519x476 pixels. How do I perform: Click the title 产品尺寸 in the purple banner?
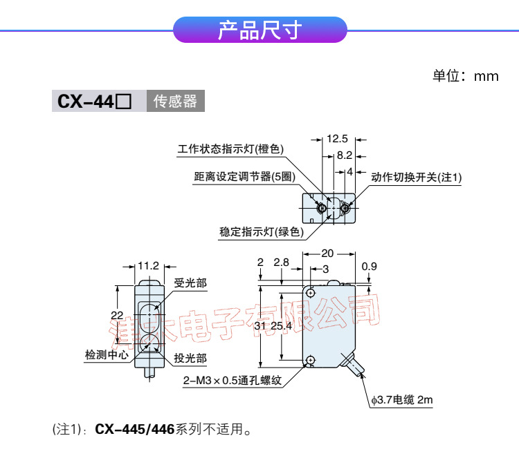(x=259, y=31)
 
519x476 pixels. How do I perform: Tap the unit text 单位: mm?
(x=465, y=76)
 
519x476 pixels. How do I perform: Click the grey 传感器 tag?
(x=175, y=102)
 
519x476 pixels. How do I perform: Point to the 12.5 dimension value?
(x=337, y=138)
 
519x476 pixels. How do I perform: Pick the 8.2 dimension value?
(x=345, y=155)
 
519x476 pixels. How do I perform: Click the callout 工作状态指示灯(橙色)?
(x=230, y=149)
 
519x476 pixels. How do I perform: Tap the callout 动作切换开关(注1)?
(x=417, y=178)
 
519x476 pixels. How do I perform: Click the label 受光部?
(x=190, y=283)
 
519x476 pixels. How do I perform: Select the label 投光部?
(x=190, y=358)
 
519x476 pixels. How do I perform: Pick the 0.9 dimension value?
(x=370, y=266)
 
